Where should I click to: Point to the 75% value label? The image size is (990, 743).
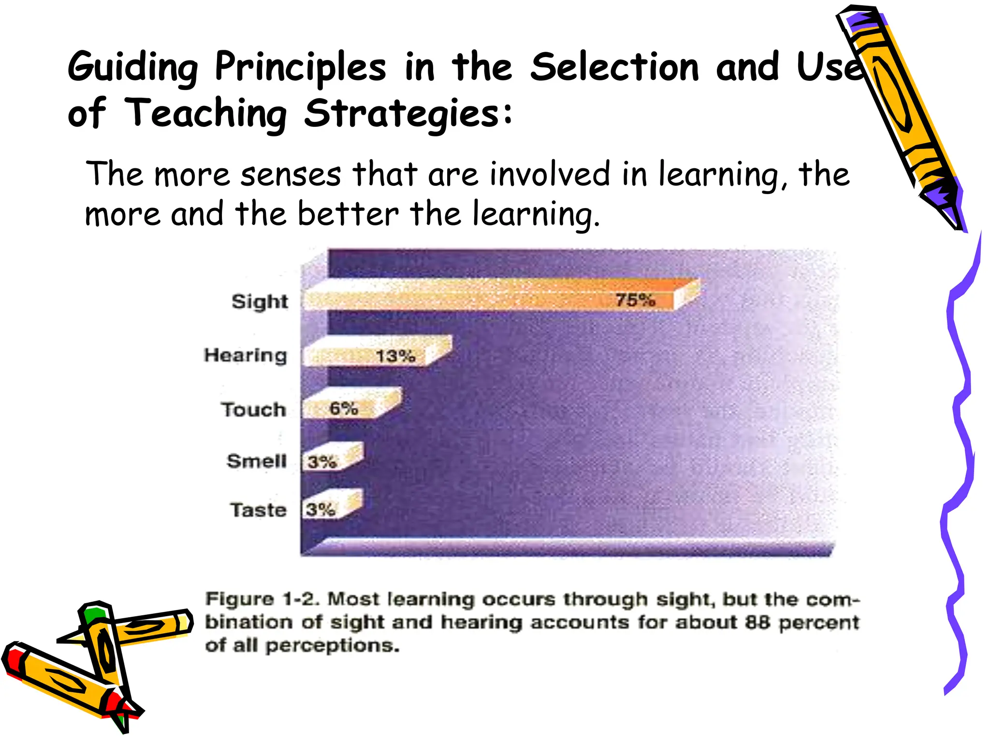coord(635,300)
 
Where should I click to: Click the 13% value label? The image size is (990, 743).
coord(395,357)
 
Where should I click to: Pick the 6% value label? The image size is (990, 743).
coord(344,409)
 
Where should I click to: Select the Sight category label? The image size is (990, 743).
coord(260,302)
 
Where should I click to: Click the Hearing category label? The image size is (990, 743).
coord(246,356)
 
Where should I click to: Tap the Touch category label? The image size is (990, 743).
coord(254,410)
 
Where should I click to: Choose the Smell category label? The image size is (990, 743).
coord(257,461)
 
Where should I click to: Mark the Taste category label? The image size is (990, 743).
coord(258,510)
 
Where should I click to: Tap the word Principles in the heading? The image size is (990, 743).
coord(300,68)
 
